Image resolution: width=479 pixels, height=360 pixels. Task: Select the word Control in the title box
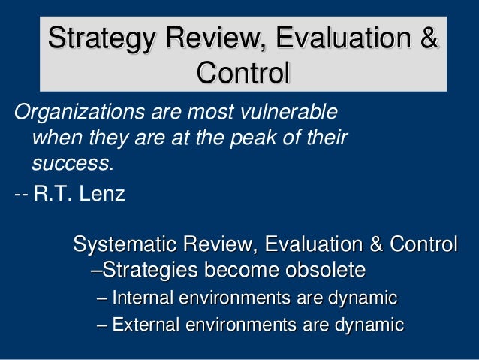coord(243,74)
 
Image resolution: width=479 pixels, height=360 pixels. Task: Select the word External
coord(144,325)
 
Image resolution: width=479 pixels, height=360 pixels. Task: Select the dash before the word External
coord(103,325)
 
